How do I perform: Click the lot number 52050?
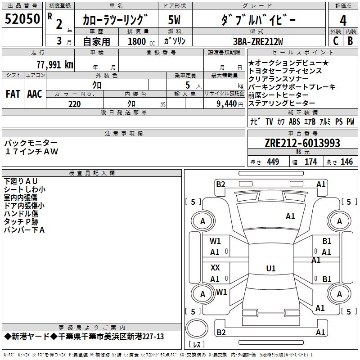coord(22,20)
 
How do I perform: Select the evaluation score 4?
coord(343,20)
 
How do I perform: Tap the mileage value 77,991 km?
coord(55,64)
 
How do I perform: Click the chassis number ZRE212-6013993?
coord(302,144)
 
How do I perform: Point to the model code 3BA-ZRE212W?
coord(258,42)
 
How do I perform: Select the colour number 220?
coord(75,104)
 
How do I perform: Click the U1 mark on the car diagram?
coord(270,269)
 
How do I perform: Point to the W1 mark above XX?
coord(216,241)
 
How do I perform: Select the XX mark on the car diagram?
coord(216,268)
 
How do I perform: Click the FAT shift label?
coord(13,94)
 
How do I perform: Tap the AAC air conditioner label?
coord(35,94)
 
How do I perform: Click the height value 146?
coord(346,162)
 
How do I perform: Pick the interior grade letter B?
coord(350,41)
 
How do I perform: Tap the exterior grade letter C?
coord(335,41)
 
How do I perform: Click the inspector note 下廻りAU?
coord(24,181)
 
